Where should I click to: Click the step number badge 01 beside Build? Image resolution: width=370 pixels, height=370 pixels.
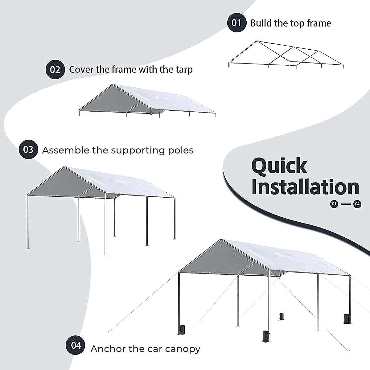click(x=236, y=23)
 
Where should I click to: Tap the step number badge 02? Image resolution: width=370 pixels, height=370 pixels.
click(x=55, y=69)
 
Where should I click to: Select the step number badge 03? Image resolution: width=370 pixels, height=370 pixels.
click(x=28, y=150)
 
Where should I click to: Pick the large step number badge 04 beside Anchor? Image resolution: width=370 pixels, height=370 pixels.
click(x=76, y=345)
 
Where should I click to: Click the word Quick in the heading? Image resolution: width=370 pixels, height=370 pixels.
click(x=279, y=166)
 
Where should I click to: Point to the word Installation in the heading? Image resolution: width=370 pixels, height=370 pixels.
click(x=305, y=187)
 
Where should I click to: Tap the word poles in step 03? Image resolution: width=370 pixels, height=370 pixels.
click(x=181, y=150)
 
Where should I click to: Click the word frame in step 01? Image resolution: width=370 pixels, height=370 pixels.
click(x=317, y=23)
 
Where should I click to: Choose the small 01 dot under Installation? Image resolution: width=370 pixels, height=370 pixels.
click(x=334, y=204)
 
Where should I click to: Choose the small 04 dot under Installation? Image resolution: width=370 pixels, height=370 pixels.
click(x=357, y=204)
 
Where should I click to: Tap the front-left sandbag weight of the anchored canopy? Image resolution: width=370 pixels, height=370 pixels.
click(x=182, y=330)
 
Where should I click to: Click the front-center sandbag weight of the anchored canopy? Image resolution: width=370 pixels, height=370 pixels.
click(x=265, y=336)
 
